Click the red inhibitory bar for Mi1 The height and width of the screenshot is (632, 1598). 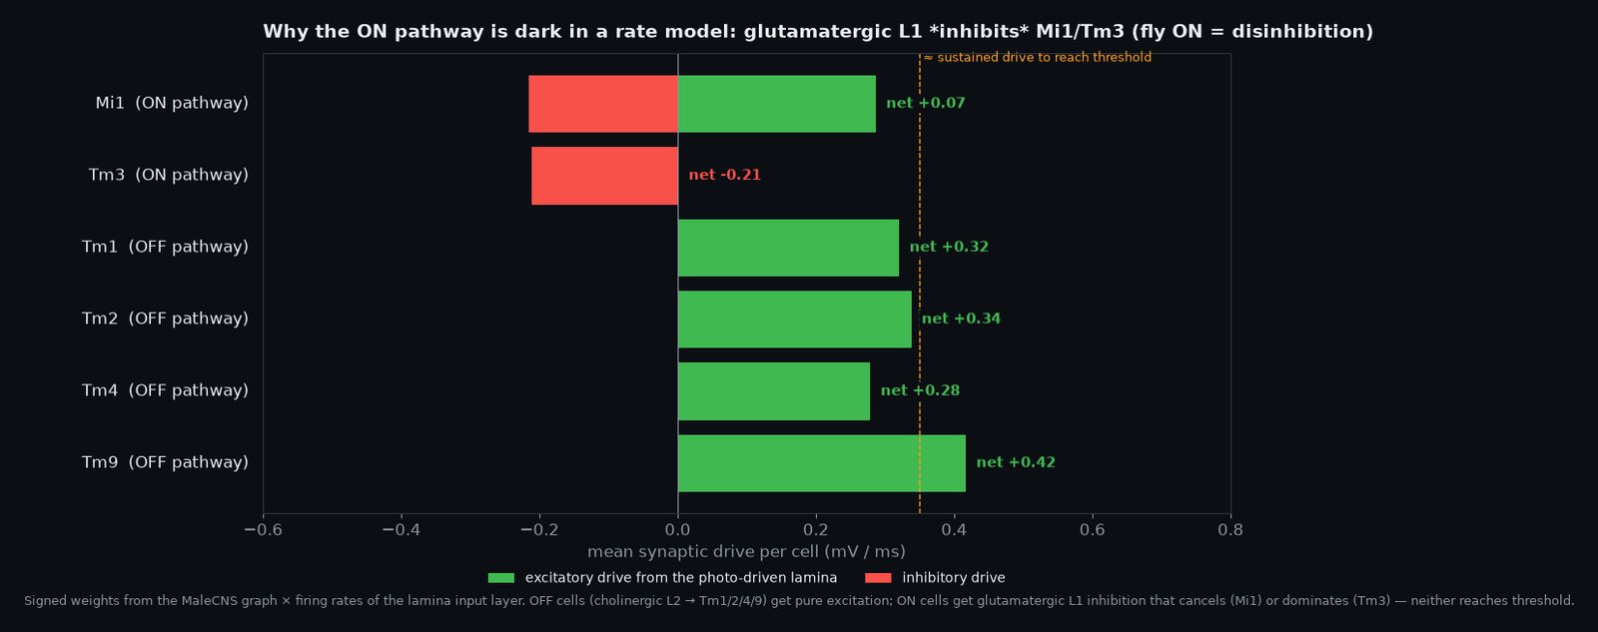click(x=603, y=104)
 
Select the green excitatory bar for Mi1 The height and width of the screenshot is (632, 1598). click(x=777, y=104)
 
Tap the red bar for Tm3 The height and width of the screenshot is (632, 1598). click(x=605, y=176)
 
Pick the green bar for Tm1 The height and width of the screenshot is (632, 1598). click(x=788, y=248)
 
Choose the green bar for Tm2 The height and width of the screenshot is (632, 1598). click(x=795, y=318)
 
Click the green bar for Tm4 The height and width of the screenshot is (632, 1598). click(x=774, y=391)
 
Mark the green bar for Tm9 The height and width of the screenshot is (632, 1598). click(x=822, y=463)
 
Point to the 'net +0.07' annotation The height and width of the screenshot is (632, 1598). click(x=925, y=103)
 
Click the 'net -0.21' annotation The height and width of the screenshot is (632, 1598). click(x=725, y=175)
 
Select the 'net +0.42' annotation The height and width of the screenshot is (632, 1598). click(x=1016, y=462)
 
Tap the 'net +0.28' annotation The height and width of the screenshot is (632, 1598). click(x=920, y=390)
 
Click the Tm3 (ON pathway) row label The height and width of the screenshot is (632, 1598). click(x=169, y=175)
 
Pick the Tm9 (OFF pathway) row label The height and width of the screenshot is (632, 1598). click(x=165, y=462)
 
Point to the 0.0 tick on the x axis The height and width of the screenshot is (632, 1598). click(x=678, y=530)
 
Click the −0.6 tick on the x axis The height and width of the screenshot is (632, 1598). click(x=264, y=530)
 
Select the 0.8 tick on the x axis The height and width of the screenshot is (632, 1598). click(x=1230, y=530)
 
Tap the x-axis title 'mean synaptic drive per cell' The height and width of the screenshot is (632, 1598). click(x=703, y=552)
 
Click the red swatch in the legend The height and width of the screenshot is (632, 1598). click(x=878, y=578)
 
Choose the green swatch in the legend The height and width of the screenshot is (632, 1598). click(x=500, y=578)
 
